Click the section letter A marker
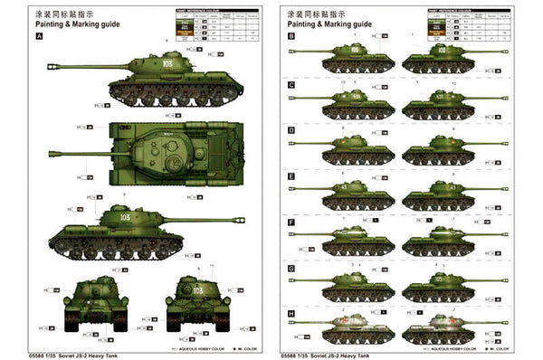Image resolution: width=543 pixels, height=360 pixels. click(x=39, y=36)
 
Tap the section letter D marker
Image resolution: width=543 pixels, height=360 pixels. click(x=291, y=130)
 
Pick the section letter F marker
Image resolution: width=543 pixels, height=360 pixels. click(x=291, y=222)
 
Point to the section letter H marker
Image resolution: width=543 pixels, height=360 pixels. click(x=291, y=314)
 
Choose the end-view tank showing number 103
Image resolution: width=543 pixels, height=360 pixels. click(x=193, y=298)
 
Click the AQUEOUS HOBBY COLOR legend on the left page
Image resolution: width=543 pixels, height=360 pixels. click(x=194, y=346)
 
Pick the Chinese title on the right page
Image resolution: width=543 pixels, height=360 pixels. click(x=316, y=14)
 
